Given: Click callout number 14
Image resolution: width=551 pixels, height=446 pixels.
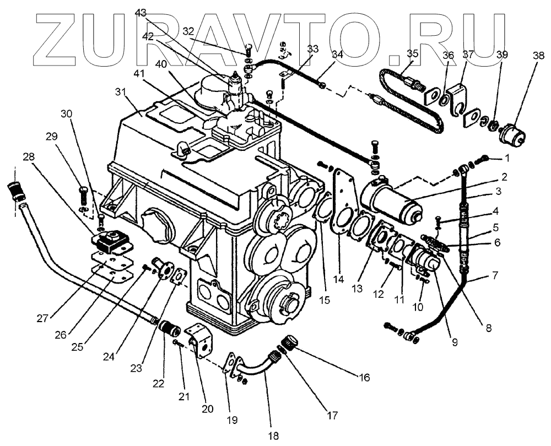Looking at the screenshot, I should tap(338, 280).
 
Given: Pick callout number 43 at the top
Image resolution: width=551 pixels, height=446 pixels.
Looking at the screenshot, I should tap(141, 13).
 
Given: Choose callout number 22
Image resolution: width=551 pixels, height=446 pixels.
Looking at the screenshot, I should tap(159, 383).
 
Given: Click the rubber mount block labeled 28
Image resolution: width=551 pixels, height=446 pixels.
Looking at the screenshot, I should tap(109, 241).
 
